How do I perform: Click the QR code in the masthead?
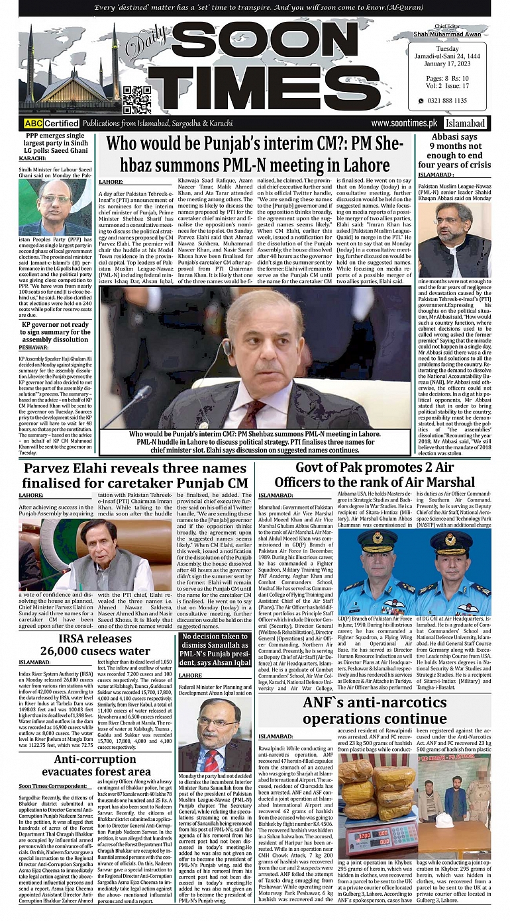tap(137, 99)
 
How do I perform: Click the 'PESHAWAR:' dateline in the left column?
tap(34, 347)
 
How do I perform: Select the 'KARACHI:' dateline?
tap(32, 158)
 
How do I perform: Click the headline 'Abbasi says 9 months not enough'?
tap(454, 150)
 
